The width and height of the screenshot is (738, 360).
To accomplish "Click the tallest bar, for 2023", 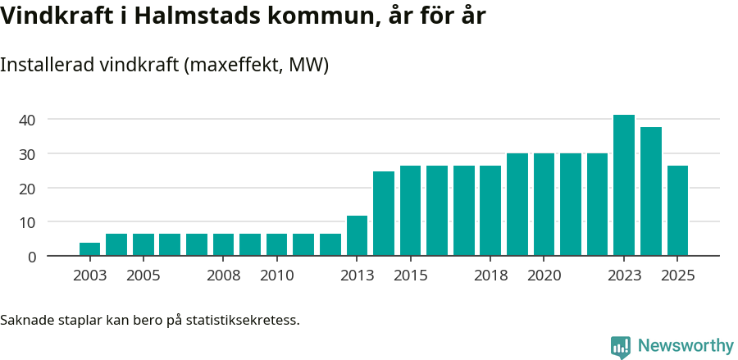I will click(624, 185).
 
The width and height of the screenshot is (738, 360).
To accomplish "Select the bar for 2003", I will click(89, 249).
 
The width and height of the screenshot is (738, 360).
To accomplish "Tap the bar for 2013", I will click(357, 236).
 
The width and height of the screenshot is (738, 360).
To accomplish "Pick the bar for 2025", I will click(677, 211).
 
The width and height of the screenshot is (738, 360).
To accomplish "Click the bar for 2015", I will click(410, 211).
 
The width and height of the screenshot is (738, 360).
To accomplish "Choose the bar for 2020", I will click(544, 204).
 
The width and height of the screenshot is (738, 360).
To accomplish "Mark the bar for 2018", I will click(490, 211).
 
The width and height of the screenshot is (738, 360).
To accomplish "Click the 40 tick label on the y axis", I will click(27, 120).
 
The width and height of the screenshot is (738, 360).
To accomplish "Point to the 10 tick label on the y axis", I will click(27, 222).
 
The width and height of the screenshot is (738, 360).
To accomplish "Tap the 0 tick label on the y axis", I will click(32, 257).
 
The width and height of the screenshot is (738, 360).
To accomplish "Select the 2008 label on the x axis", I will click(223, 276).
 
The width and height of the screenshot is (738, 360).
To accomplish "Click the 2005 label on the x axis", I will click(143, 276).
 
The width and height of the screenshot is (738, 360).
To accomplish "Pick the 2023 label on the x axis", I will click(624, 276).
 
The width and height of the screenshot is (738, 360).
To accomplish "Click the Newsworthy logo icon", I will click(621, 347).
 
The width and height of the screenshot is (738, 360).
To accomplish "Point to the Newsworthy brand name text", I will click(686, 346).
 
